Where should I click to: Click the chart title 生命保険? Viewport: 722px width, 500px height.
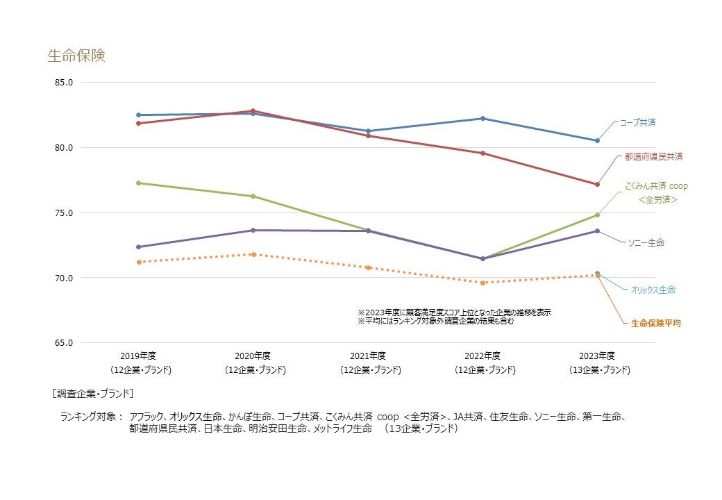point(76,56)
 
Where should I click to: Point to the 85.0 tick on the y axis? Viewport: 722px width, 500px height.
point(63,83)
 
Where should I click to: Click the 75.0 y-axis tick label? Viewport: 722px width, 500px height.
point(63,213)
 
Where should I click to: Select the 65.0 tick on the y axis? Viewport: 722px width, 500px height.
point(63,343)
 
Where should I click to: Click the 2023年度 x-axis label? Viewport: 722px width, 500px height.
point(597,356)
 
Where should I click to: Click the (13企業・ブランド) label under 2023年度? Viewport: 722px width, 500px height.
point(597,370)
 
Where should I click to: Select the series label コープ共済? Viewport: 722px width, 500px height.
point(637,122)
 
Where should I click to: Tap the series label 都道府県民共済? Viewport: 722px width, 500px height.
point(654,157)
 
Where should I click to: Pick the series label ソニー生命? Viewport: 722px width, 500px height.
point(646,242)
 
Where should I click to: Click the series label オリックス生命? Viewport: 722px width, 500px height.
point(653,290)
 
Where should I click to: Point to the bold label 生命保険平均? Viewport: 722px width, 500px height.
point(655,324)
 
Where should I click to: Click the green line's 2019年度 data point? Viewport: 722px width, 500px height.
point(138,183)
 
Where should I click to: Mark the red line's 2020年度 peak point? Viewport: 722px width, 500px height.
point(253,111)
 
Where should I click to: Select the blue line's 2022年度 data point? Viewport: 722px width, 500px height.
point(482,119)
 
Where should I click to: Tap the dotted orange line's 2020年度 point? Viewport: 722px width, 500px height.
point(253,254)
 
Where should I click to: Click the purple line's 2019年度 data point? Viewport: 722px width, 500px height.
point(138,247)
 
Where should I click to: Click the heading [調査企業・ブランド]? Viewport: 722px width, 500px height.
point(92,394)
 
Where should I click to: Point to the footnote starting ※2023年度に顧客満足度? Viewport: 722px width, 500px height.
point(454,313)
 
